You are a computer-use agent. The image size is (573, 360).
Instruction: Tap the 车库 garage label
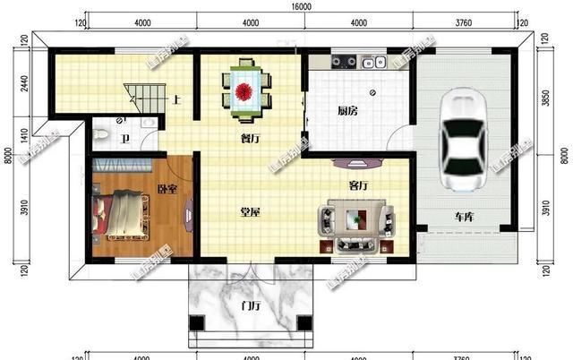click(x=464, y=217)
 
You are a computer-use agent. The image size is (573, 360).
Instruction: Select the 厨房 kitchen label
click(x=347, y=112)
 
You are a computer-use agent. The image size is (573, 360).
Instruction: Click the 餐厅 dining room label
click(x=251, y=139)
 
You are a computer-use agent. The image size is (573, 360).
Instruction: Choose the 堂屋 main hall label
click(x=250, y=212)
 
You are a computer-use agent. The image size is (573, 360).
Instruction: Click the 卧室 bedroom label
click(x=167, y=189)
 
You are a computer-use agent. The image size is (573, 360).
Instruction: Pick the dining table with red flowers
click(x=245, y=89)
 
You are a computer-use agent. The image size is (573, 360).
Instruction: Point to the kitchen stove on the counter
click(x=345, y=62)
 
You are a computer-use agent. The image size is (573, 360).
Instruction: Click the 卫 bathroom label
click(x=126, y=139)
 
